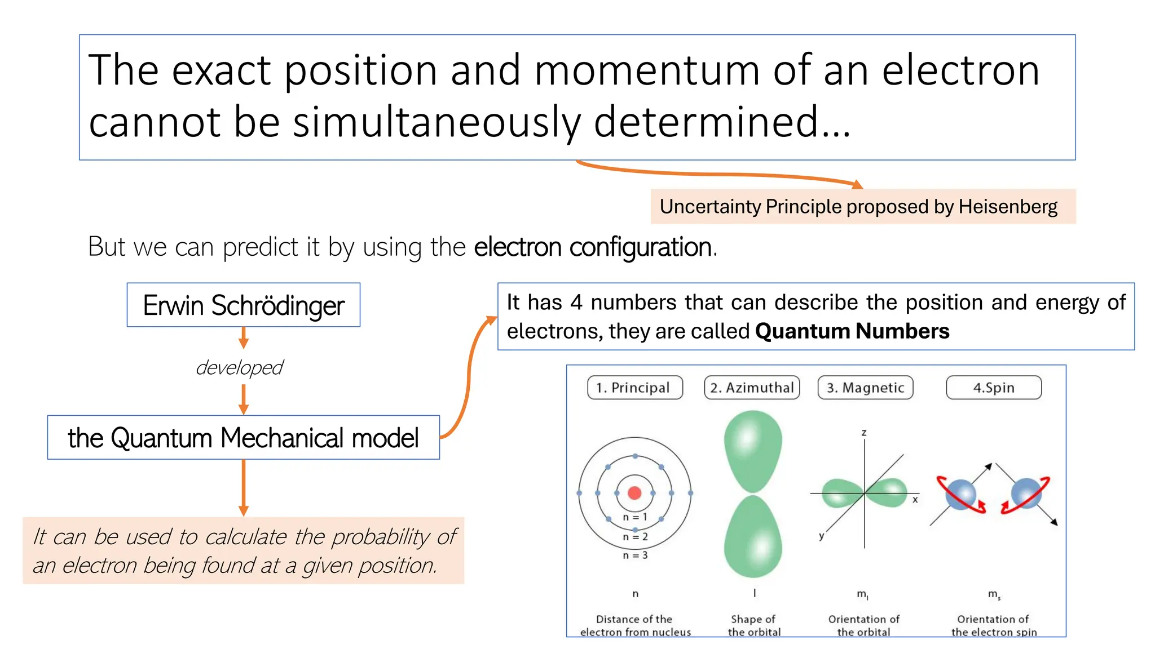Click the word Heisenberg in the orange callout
(1008, 207)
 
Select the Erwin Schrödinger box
(243, 305)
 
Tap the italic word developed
(239, 367)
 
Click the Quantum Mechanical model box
(243, 438)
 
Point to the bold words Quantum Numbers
(852, 331)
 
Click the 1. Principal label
(634, 388)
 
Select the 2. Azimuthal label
(752, 388)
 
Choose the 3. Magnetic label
(865, 388)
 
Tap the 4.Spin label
(993, 388)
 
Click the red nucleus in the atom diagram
(634, 493)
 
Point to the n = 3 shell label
(635, 555)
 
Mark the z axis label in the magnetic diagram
(864, 433)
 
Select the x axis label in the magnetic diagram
(915, 500)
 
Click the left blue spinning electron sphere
(960, 494)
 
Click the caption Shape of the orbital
(753, 625)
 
